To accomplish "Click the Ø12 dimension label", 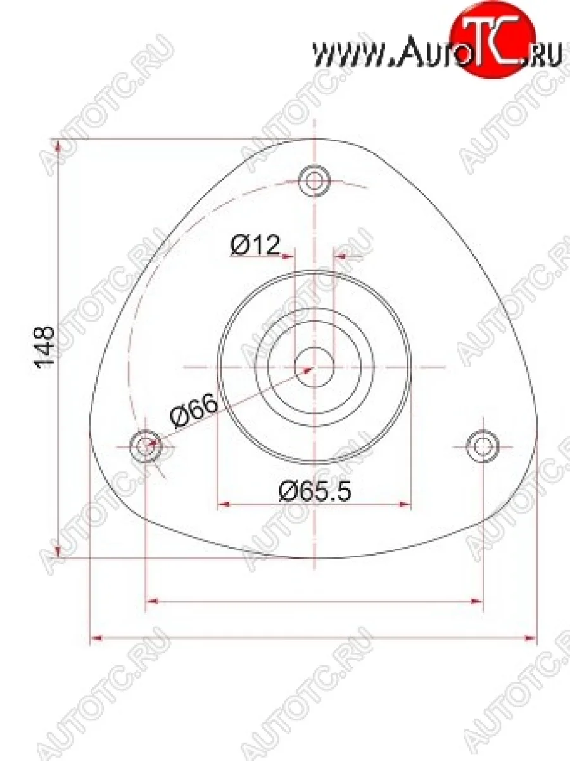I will point(255,245).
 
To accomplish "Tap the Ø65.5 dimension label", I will point(314,490).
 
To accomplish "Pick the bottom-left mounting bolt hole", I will point(146,446).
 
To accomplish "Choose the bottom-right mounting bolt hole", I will point(483,446).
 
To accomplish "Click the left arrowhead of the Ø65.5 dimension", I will point(224,505).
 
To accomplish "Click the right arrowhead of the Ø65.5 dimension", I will point(405,505).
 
